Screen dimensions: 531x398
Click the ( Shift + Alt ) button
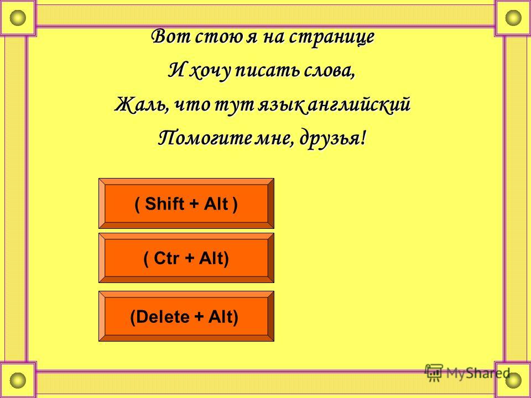tap(186, 203)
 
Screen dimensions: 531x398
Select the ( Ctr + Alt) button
tap(186, 258)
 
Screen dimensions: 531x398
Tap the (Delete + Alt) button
tap(186, 316)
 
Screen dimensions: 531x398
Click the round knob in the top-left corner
tap(18, 18)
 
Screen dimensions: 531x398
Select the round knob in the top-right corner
tap(513, 18)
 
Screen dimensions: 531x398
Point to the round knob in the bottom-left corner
tap(18, 380)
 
